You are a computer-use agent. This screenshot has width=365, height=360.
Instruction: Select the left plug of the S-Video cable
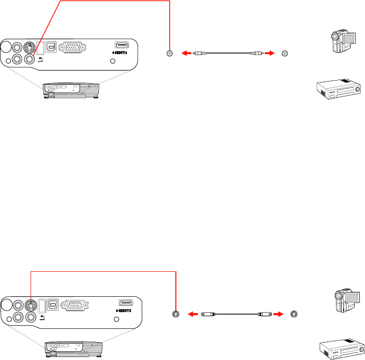207,315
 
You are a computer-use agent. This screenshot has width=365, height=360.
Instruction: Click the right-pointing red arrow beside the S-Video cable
278,315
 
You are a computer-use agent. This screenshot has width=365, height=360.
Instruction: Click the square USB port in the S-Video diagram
52,305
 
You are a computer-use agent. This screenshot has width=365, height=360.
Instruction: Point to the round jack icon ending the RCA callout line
170,53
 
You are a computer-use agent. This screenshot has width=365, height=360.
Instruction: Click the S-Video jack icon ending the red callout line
176,314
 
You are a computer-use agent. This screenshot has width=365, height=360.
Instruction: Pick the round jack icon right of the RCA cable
284,53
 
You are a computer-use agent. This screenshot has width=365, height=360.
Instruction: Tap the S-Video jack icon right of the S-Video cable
293,314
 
